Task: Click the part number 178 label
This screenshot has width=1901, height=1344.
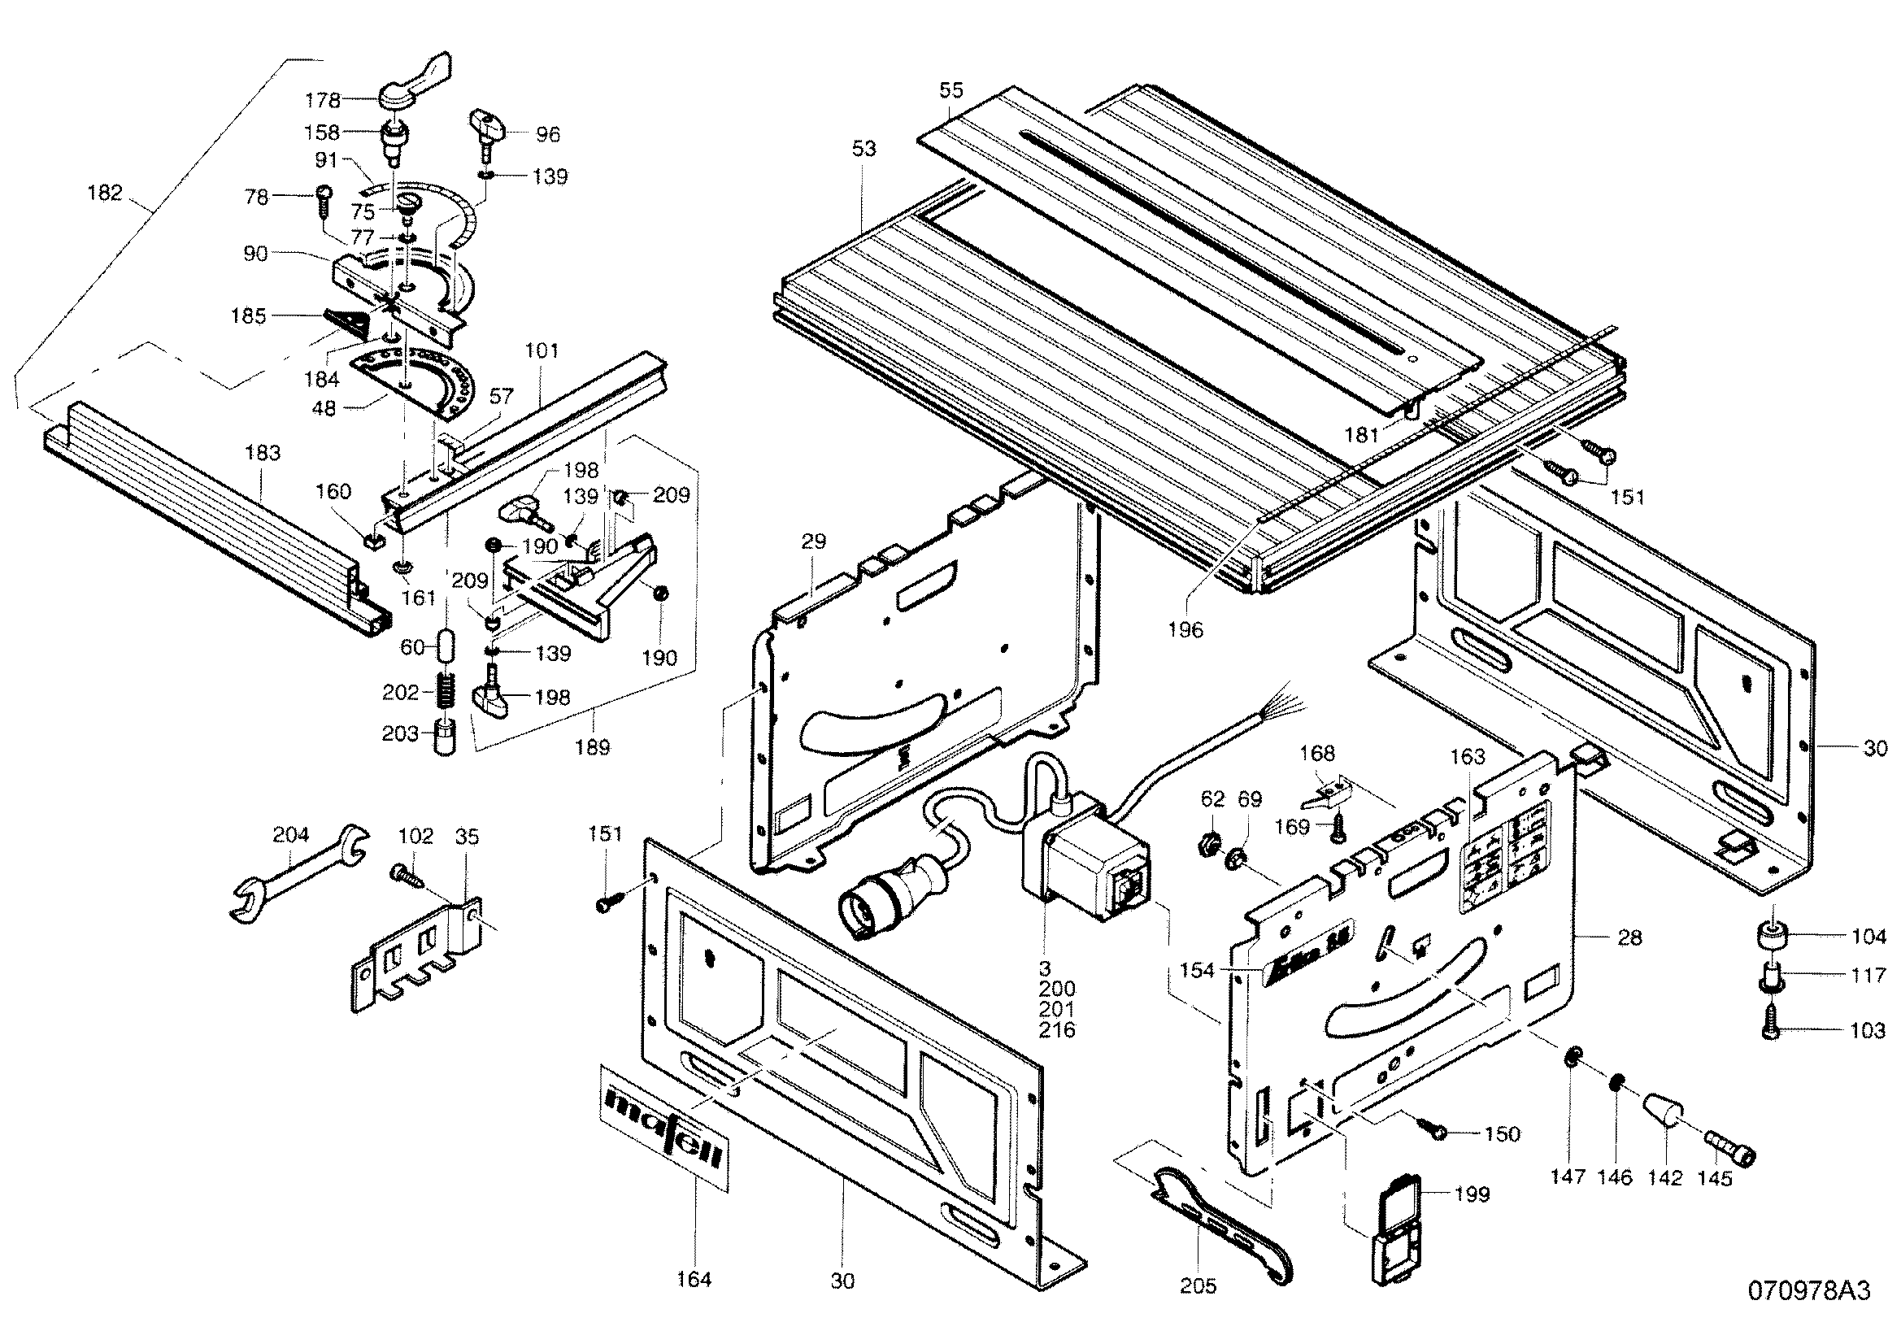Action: [x=322, y=101]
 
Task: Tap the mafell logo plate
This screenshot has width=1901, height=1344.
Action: [x=665, y=1126]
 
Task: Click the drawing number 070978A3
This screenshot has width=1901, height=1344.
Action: [x=1808, y=1314]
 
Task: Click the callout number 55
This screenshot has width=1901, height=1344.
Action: [x=951, y=90]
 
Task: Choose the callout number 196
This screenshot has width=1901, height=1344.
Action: [x=1185, y=629]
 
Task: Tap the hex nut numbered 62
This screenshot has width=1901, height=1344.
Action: [x=1211, y=846]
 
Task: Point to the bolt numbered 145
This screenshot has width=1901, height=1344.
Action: [x=1731, y=1150]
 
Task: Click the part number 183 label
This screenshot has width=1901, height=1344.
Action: [x=263, y=453]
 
